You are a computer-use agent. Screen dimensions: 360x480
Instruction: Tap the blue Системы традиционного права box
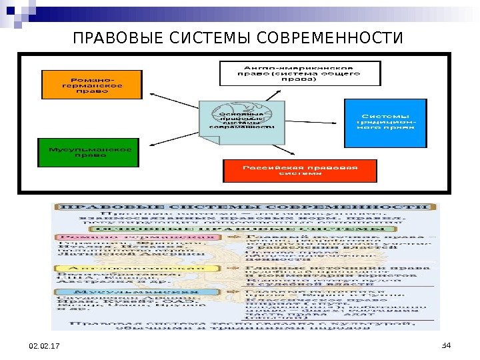pos(385,123)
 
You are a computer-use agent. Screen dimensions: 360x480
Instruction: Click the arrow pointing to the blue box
pos(313,121)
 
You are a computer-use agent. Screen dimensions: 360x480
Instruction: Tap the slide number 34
pos(447,344)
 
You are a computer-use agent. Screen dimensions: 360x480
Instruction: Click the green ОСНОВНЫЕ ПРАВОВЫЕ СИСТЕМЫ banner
pos(247,227)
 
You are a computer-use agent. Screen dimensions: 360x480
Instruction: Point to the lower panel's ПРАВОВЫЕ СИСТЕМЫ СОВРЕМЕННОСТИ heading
pos(247,207)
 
